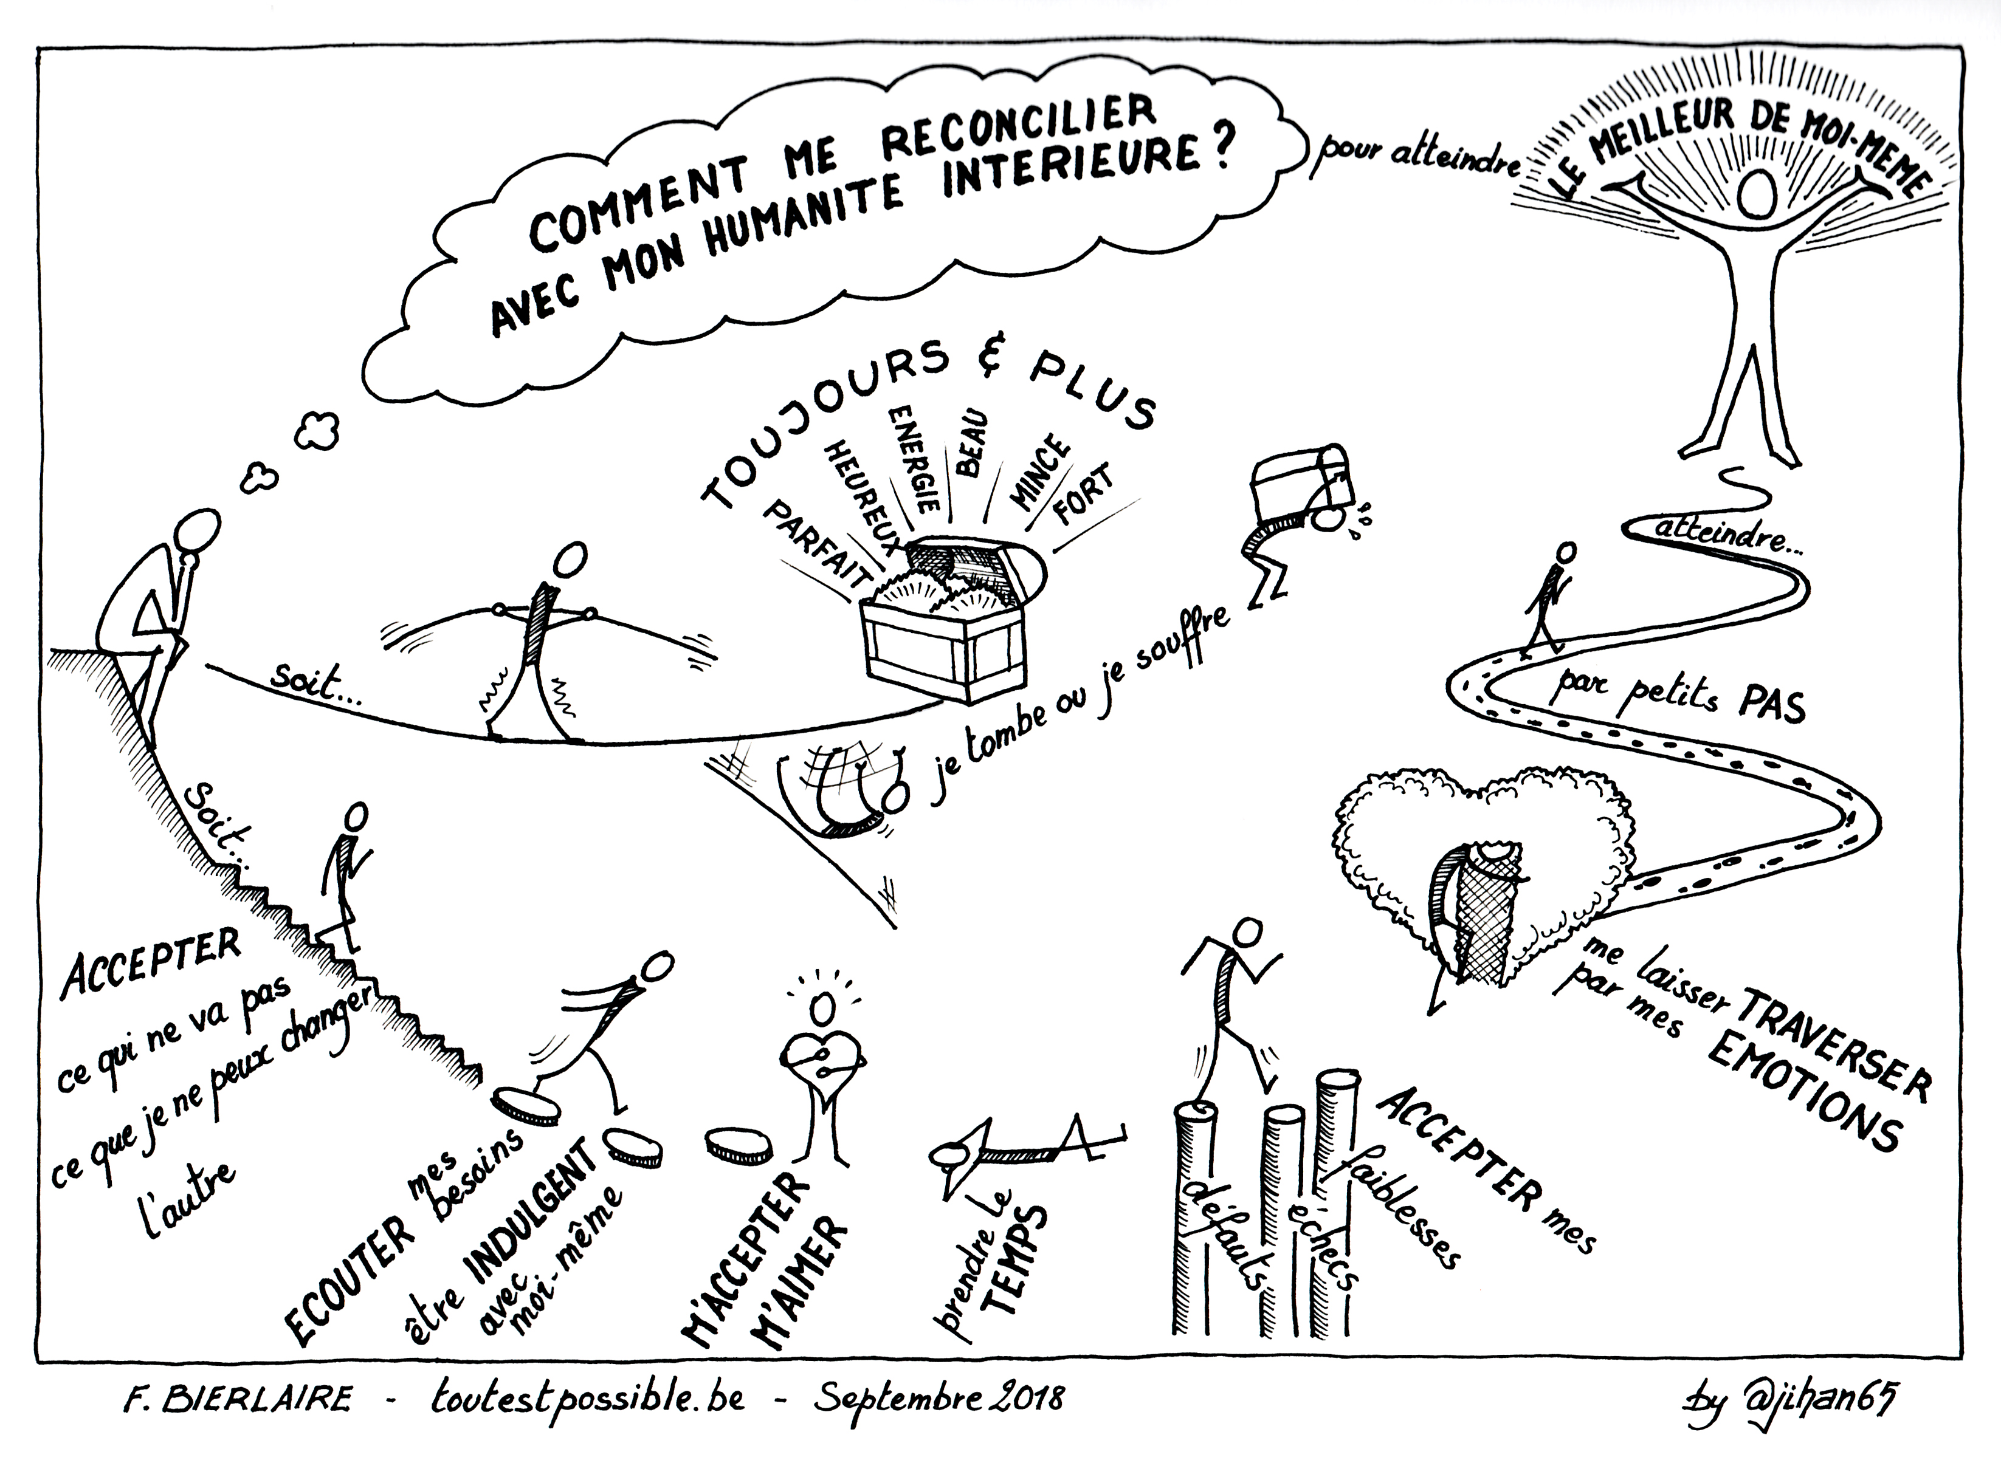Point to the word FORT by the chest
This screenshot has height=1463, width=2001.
click(1081, 505)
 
